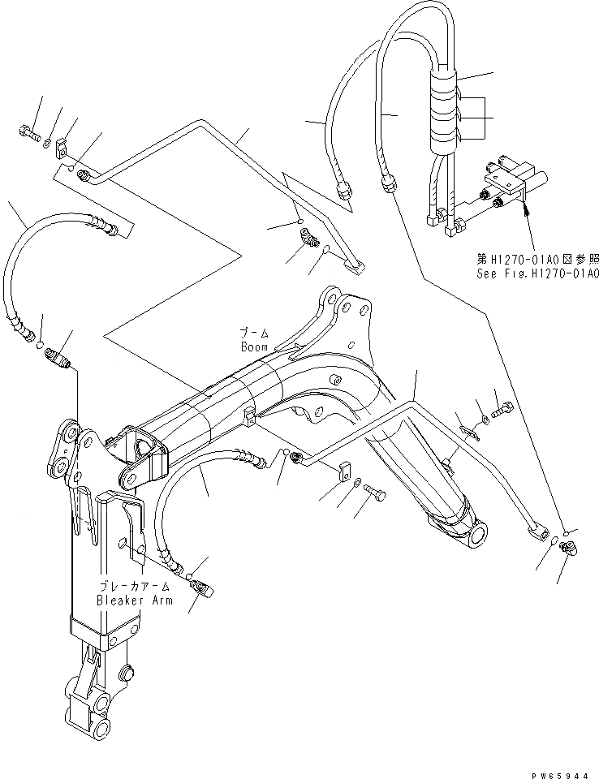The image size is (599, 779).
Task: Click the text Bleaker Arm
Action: point(134,600)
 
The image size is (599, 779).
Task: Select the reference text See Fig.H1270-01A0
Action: point(537,273)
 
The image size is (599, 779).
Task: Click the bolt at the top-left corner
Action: point(30,134)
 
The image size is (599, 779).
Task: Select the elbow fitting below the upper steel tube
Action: point(307,239)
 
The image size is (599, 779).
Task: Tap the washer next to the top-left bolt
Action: point(48,144)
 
